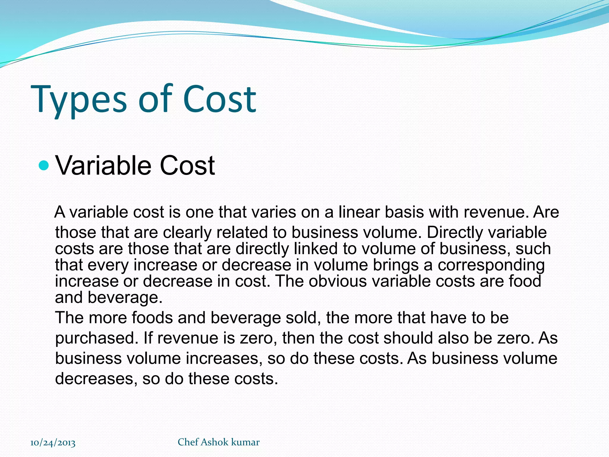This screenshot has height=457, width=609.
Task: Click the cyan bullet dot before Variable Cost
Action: click(x=44, y=165)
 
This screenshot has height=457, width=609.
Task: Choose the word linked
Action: click(x=316, y=248)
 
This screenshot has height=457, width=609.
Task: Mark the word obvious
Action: click(x=338, y=281)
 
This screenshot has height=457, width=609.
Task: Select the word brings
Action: click(x=395, y=265)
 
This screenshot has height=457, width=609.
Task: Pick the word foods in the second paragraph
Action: click(x=152, y=318)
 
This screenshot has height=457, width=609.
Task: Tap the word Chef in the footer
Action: click(x=188, y=442)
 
